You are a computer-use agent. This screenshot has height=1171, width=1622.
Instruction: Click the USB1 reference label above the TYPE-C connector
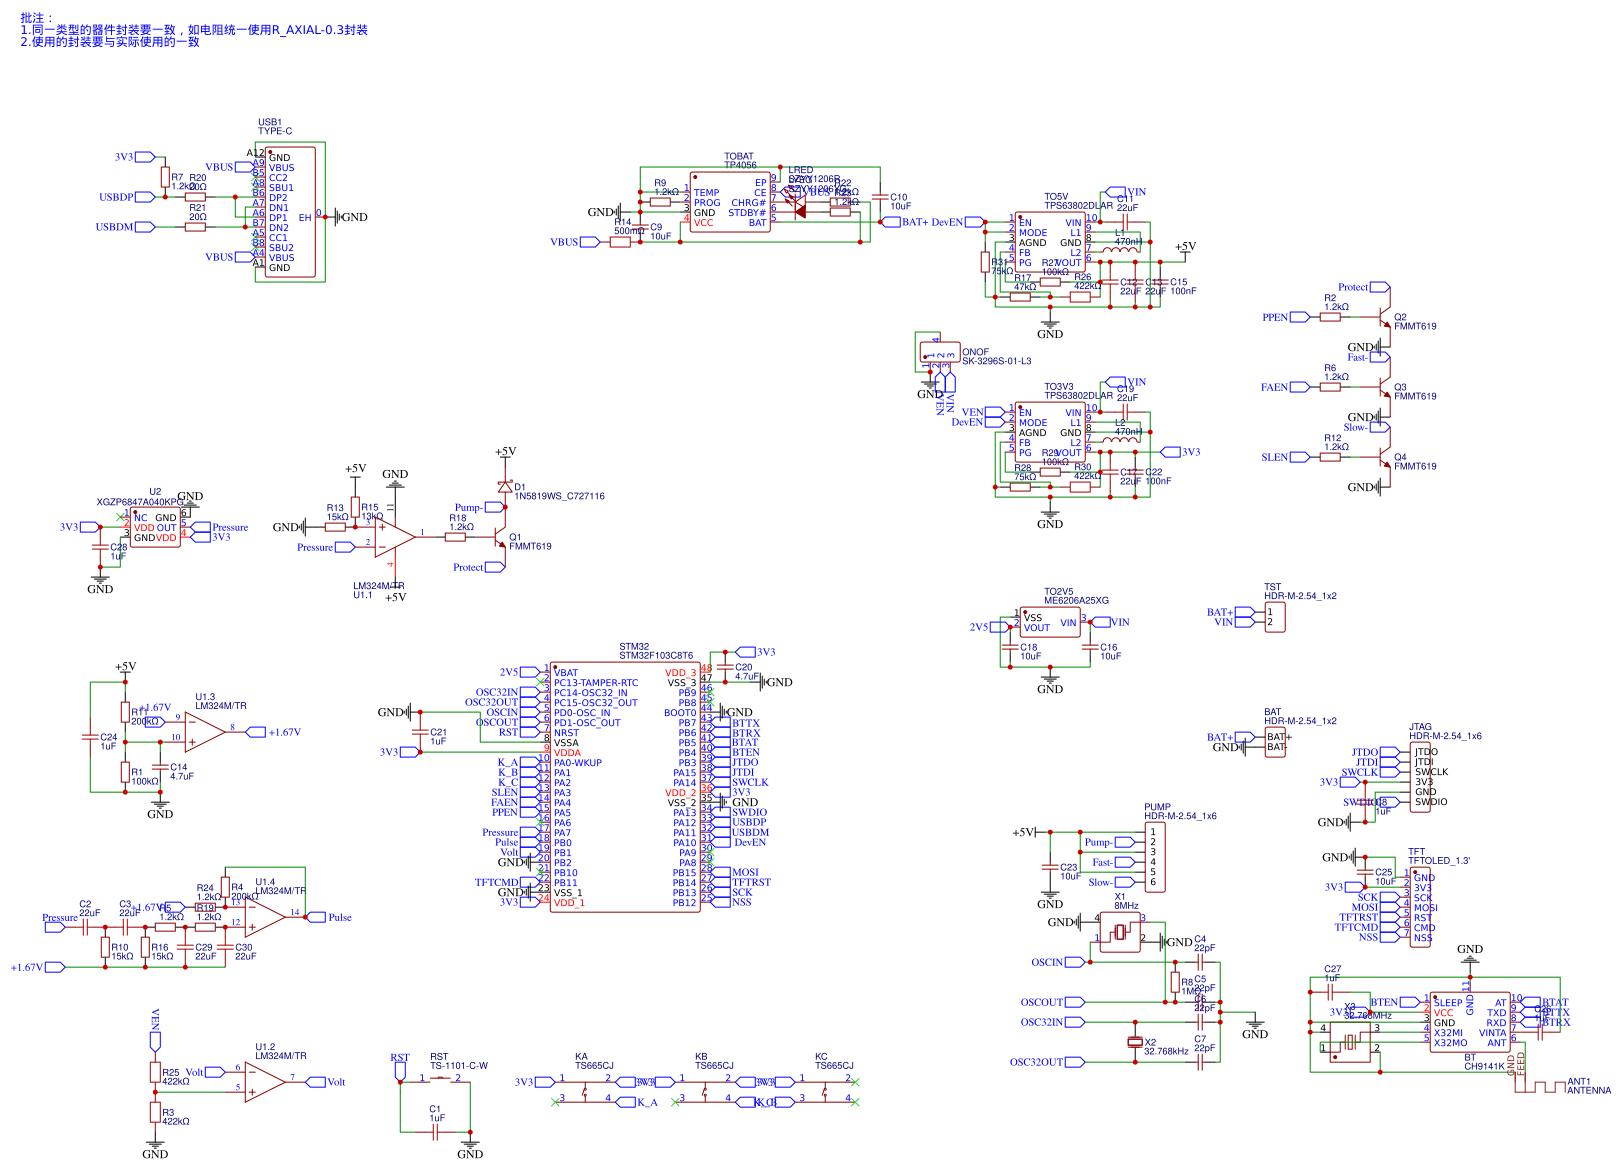(x=269, y=122)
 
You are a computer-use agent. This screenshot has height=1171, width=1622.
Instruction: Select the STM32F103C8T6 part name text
(x=655, y=656)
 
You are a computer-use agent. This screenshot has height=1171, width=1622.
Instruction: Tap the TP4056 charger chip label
(x=740, y=165)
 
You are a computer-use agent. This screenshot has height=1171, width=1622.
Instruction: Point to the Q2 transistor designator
(x=1400, y=317)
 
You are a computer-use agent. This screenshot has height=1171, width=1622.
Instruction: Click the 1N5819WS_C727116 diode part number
(x=559, y=496)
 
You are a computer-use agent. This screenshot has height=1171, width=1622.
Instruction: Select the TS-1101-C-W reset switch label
(x=459, y=1065)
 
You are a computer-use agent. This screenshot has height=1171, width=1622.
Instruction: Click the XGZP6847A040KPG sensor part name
(x=140, y=502)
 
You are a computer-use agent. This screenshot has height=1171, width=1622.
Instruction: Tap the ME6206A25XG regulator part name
(x=1076, y=600)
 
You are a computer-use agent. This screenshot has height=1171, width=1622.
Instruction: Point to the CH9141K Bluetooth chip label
(x=1484, y=1066)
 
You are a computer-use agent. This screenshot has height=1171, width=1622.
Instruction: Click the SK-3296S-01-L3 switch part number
(x=996, y=361)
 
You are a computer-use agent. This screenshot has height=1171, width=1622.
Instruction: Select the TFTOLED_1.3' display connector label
(x=1439, y=860)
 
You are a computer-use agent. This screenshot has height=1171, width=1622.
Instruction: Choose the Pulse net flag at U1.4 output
(x=339, y=917)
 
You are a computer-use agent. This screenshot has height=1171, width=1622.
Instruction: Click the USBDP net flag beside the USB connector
(x=116, y=197)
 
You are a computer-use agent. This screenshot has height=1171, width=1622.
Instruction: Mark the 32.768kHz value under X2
(x=1166, y=1051)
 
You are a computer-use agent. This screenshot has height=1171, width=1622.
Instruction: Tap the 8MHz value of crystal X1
(x=1126, y=905)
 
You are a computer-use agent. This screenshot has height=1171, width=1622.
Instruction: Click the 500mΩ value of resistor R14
(x=629, y=231)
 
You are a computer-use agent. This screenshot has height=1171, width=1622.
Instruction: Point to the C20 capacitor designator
(x=743, y=667)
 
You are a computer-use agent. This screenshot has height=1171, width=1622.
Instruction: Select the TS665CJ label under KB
(x=714, y=1065)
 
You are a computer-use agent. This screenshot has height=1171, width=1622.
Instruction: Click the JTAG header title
(x=1420, y=727)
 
